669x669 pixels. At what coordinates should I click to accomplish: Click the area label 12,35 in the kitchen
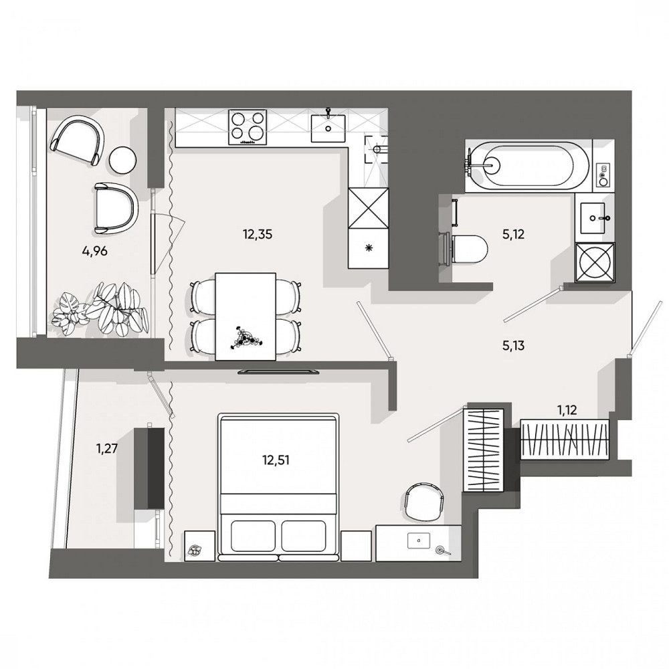click(258, 234)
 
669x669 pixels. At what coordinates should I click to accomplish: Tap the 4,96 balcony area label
click(94, 252)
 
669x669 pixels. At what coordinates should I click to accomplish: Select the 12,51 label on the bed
click(276, 460)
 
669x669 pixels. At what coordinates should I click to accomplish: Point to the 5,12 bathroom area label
click(513, 234)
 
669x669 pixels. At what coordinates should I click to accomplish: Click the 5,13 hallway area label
click(513, 346)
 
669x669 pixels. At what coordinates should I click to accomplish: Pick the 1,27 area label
click(106, 449)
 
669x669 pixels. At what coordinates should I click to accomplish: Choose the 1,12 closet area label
click(567, 411)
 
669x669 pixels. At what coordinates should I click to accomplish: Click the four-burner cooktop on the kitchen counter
click(248, 127)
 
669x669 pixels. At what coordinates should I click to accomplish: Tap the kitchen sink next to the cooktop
click(328, 126)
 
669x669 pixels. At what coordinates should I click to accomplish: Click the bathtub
click(529, 165)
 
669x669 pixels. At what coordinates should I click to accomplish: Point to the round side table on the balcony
click(123, 160)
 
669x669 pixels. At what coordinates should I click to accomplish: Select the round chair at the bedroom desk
click(425, 502)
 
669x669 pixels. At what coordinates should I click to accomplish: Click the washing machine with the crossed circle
click(595, 263)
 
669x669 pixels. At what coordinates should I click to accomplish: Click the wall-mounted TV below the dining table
click(279, 371)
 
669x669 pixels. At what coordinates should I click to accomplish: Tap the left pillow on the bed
click(253, 536)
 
